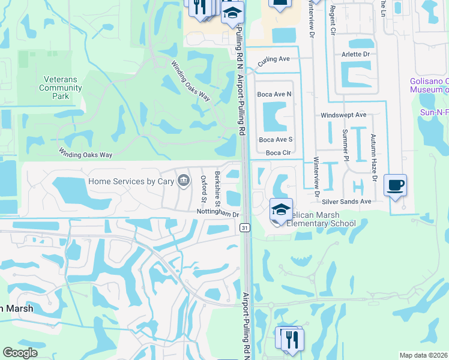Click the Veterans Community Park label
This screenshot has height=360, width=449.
pyautogui.click(x=61, y=88)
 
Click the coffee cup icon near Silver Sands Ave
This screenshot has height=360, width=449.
pyautogui.click(x=395, y=185)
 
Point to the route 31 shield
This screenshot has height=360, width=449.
pyautogui.click(x=244, y=227)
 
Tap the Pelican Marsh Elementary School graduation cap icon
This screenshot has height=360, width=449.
pyautogui.click(x=281, y=210)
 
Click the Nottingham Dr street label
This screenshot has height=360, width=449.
pyautogui.click(x=218, y=213)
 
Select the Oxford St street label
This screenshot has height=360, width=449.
pyautogui.click(x=203, y=188)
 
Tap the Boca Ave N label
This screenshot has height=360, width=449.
pyautogui.click(x=274, y=94)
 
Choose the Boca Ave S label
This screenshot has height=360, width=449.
pyautogui.click(x=274, y=139)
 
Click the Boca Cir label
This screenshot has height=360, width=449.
pyautogui.click(x=278, y=152)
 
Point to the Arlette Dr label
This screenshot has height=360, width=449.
pyautogui.click(x=356, y=53)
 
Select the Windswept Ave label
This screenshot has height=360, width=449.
pyautogui.click(x=343, y=114)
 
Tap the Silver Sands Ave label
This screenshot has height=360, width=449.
pyautogui.click(x=346, y=202)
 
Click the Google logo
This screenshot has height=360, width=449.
pyautogui.click(x=20, y=353)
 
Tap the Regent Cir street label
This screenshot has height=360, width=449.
pyautogui.click(x=332, y=22)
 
